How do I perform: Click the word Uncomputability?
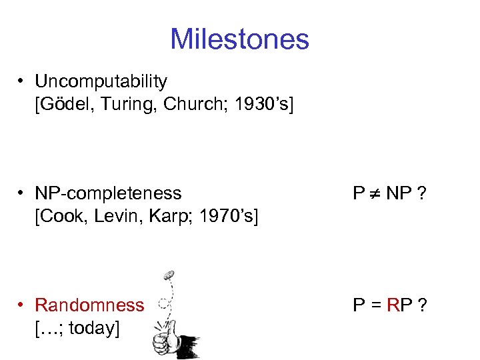coord(101,82)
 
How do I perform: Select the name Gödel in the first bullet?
coord(65,105)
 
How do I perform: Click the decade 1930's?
coord(251,105)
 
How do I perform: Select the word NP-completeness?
coord(108,193)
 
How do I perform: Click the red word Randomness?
coord(89,305)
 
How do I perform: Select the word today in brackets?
coord(92,328)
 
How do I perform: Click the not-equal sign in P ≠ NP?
coord(378,194)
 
